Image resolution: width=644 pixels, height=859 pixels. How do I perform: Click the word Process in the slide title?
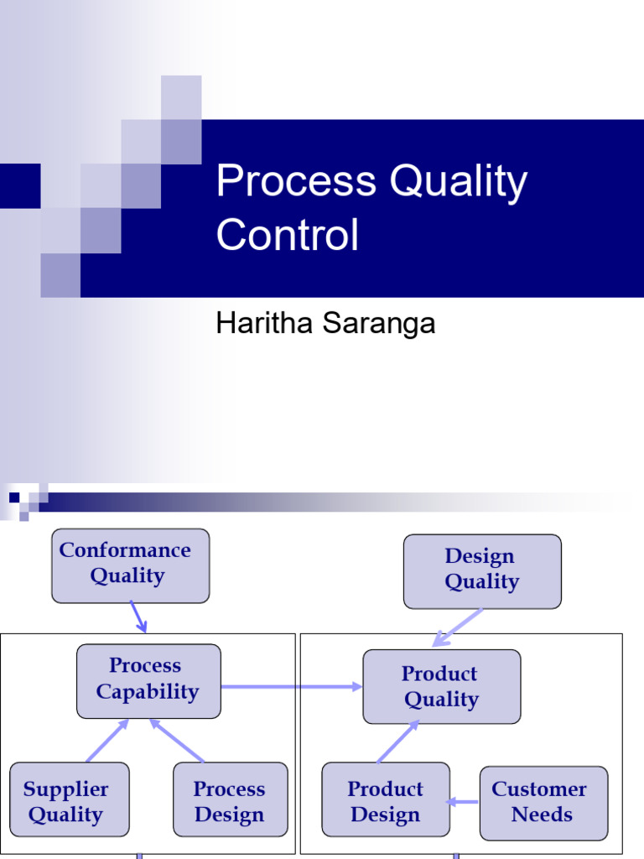[x=296, y=180]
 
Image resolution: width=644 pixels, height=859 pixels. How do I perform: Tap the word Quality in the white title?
[x=459, y=182]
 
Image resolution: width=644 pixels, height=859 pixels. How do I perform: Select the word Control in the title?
[x=288, y=234]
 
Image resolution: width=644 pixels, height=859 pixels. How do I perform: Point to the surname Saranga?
[x=379, y=323]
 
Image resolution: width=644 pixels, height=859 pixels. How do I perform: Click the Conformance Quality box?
[x=130, y=565]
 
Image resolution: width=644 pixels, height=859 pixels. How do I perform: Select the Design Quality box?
[x=482, y=571]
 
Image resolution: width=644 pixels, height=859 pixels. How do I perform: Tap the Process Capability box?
[x=148, y=681]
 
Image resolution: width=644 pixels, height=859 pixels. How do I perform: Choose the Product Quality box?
[x=442, y=686]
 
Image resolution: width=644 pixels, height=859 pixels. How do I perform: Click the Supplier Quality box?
[x=70, y=799]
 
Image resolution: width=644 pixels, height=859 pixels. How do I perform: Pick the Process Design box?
[x=230, y=799]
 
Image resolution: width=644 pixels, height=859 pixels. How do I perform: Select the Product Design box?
[x=386, y=799]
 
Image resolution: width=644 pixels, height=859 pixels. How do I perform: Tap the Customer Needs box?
[x=543, y=803]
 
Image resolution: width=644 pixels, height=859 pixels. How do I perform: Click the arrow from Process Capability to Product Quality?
[x=292, y=686]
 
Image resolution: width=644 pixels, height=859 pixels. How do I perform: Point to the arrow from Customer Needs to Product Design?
[x=463, y=802]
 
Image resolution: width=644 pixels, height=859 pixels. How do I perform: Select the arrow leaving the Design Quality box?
[x=457, y=627]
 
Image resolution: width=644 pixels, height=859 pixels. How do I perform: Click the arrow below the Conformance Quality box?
[x=138, y=617]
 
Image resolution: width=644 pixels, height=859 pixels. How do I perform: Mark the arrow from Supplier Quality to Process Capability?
[x=107, y=741]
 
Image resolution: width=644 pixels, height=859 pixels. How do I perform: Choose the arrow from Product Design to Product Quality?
[x=398, y=742]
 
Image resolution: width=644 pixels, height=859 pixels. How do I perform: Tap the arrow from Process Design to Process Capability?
[x=177, y=741]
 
